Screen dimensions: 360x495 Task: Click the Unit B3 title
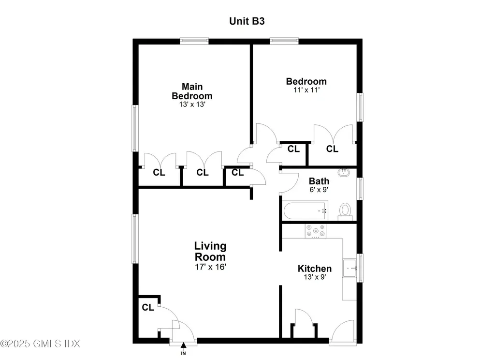click(x=247, y=21)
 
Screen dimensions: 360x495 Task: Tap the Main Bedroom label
click(x=192, y=91)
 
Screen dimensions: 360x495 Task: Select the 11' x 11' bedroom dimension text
click(x=306, y=90)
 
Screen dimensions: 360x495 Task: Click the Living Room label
click(x=210, y=251)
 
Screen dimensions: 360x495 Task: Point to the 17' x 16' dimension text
click(x=210, y=266)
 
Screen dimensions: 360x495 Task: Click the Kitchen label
click(x=314, y=269)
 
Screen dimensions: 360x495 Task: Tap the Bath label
click(x=319, y=181)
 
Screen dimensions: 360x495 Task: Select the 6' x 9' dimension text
click(x=319, y=190)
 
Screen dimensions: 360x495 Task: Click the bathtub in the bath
click(x=305, y=210)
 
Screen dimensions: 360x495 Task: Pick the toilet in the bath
click(x=345, y=210)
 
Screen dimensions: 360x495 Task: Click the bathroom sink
click(x=344, y=172)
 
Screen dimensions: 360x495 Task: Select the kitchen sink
click(x=349, y=268)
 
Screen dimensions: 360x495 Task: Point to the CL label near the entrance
click(x=148, y=307)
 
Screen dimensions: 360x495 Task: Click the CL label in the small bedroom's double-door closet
click(x=332, y=149)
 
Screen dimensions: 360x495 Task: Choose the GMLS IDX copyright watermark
click(x=40, y=344)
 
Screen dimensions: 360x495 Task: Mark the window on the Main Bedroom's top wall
click(x=194, y=41)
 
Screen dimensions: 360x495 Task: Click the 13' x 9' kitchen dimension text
click(x=314, y=278)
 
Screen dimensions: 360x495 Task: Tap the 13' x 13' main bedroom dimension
click(x=192, y=104)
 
